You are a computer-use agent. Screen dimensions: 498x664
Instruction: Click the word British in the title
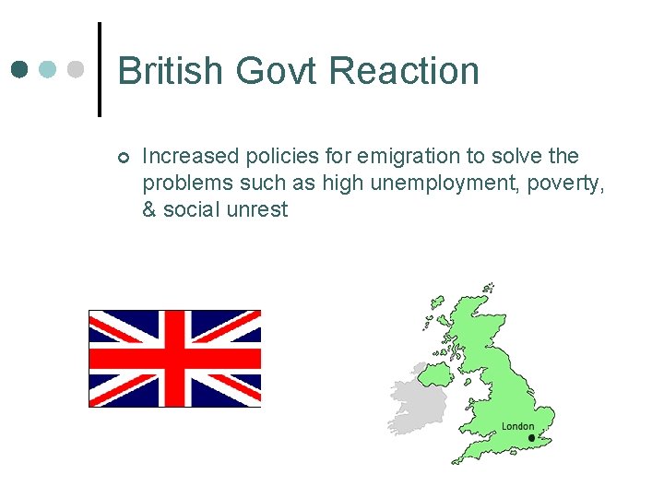point(171,71)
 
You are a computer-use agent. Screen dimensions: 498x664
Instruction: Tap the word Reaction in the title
point(404,71)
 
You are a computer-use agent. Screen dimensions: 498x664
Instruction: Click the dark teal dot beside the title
point(21,70)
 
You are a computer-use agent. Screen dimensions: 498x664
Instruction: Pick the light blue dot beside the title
point(49,70)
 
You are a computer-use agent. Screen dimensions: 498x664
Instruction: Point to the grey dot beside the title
point(77,70)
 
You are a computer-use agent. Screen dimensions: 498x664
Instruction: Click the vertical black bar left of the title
point(100,69)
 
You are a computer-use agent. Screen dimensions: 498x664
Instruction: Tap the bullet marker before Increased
point(124,157)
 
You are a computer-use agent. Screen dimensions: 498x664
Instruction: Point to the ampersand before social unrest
point(149,209)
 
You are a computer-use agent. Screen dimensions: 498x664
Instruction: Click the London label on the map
point(517,426)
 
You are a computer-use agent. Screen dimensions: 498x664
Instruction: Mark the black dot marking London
point(531,437)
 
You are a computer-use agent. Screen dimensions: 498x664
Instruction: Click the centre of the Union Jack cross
point(174,358)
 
